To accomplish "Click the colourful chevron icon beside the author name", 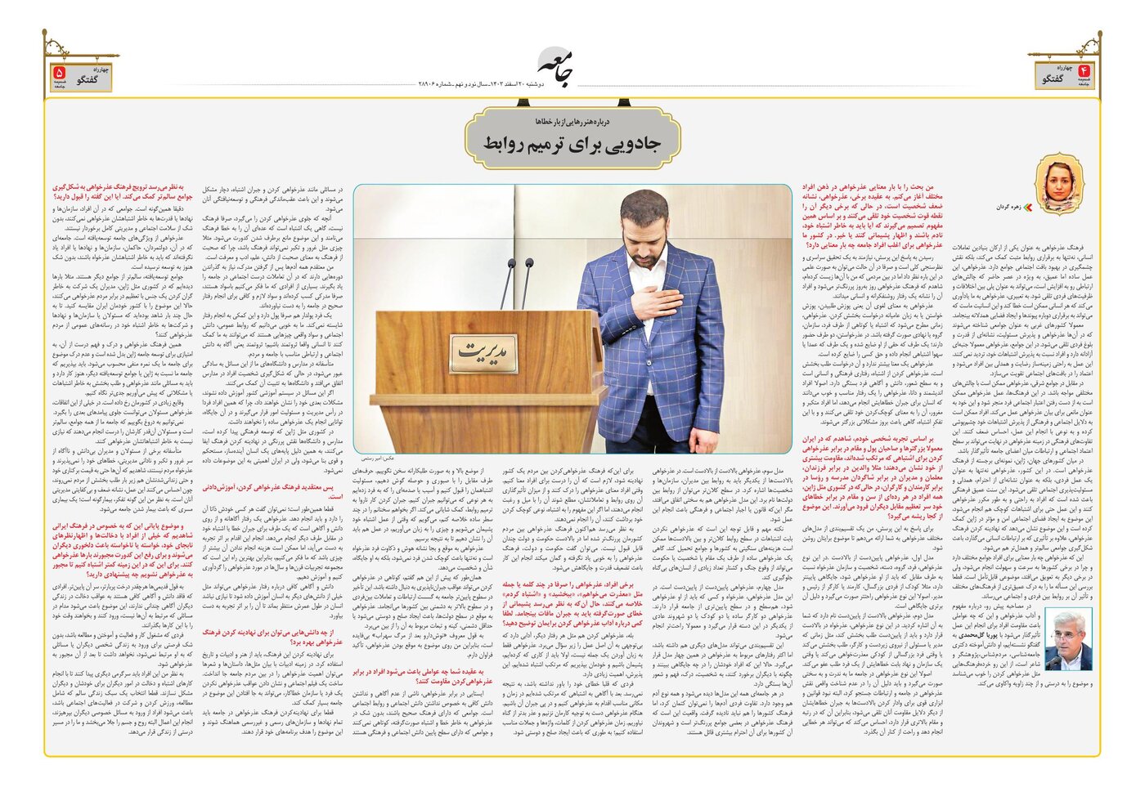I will coord(1030,208).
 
